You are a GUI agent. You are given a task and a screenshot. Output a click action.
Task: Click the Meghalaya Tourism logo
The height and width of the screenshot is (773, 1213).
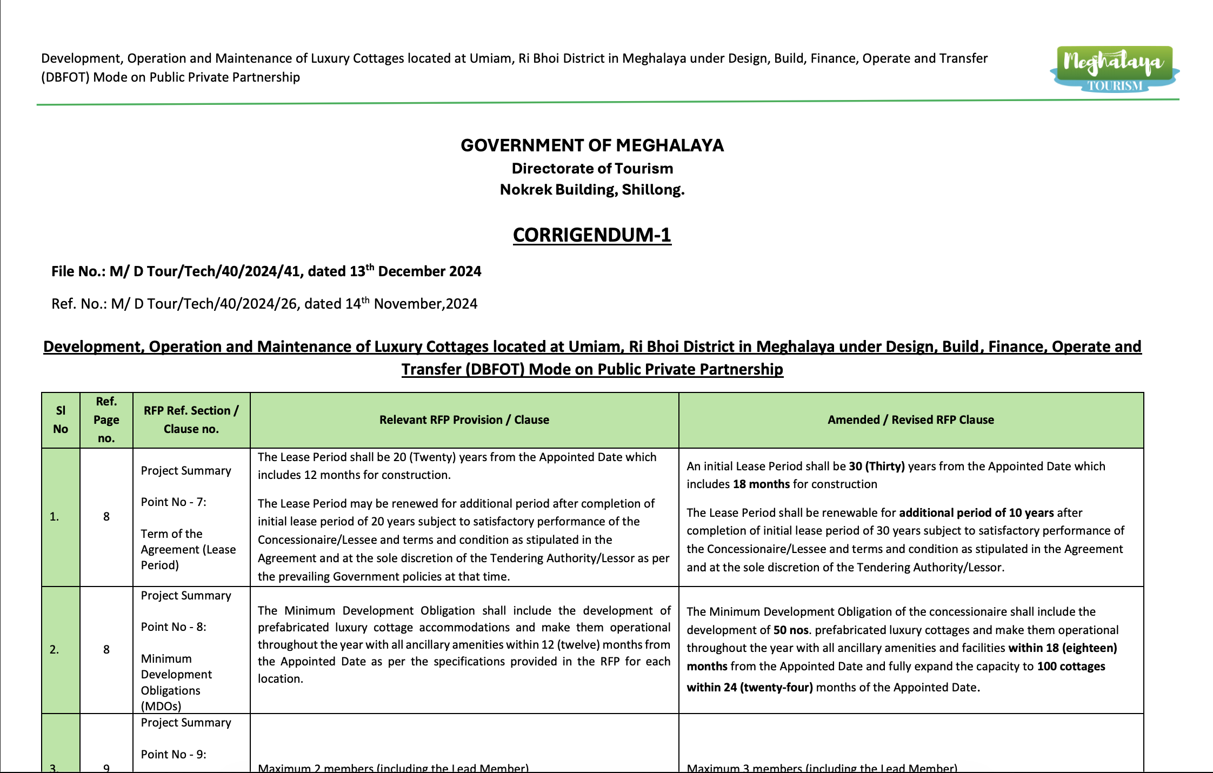click(x=1115, y=69)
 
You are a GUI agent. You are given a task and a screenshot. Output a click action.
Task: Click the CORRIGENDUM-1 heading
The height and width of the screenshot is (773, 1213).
click(x=592, y=235)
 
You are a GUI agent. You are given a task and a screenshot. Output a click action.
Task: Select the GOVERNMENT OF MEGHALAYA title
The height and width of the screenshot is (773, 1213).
click(x=592, y=145)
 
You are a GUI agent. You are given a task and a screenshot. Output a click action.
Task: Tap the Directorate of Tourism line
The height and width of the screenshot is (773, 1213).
click(x=592, y=169)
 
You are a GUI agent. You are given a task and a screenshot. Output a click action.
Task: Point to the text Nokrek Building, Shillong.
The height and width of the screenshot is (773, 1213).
click(x=592, y=190)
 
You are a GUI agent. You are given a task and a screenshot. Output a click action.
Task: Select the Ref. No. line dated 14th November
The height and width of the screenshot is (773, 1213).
click(x=264, y=304)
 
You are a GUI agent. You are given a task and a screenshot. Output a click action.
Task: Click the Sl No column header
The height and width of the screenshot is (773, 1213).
click(x=61, y=420)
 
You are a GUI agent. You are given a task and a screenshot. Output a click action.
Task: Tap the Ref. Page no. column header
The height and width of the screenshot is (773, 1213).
click(x=106, y=420)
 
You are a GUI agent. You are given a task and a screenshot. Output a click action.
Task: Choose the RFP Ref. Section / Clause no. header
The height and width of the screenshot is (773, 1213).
click(x=191, y=420)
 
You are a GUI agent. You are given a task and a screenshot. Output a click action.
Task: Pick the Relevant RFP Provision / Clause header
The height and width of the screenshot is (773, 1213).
click(x=464, y=420)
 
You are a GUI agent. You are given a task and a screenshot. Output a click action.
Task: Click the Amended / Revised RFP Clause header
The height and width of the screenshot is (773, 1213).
click(x=910, y=420)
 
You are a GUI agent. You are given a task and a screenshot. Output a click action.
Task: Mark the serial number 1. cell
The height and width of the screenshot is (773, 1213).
click(x=55, y=517)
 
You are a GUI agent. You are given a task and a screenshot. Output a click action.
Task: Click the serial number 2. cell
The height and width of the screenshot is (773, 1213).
click(x=55, y=650)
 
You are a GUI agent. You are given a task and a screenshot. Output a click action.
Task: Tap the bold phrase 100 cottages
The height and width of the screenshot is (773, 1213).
click(x=1071, y=667)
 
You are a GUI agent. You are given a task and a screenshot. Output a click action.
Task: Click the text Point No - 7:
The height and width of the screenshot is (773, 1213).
click(x=174, y=502)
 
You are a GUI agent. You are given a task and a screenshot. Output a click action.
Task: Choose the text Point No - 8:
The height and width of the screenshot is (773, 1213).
click(x=174, y=627)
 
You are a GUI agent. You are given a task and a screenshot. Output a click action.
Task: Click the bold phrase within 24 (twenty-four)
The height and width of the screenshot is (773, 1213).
click(x=750, y=688)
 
